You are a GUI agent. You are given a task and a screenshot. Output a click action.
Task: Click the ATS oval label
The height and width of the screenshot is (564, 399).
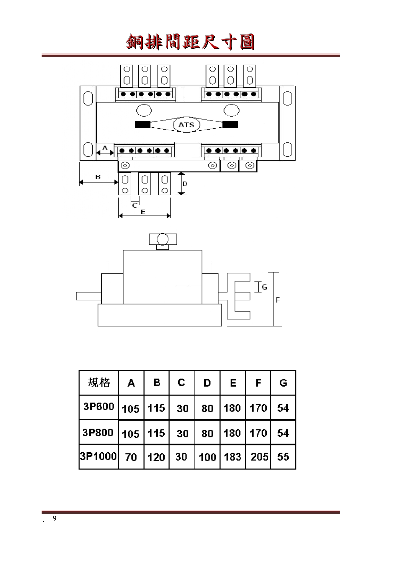point(186,125)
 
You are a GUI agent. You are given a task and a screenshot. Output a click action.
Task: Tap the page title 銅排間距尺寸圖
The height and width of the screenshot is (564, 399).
point(190,42)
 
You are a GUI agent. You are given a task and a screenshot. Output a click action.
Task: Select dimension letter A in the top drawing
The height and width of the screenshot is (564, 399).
point(105,148)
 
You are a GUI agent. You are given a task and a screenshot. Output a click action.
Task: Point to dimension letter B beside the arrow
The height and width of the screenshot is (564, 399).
point(98,177)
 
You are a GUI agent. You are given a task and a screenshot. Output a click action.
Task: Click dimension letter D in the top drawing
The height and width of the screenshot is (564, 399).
point(185,184)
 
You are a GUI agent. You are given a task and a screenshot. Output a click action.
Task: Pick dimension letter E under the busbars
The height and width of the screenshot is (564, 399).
point(143,212)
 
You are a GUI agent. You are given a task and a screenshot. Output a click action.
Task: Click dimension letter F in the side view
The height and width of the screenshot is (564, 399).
point(278,300)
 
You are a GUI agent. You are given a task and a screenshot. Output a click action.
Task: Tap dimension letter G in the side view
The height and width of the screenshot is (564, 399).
point(264,287)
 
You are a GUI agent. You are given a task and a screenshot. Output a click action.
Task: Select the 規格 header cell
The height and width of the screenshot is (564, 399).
point(99,382)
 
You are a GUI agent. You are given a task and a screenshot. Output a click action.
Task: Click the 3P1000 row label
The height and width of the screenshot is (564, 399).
point(98,456)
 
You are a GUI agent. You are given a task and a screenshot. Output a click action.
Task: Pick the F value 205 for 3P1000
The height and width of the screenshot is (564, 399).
point(259,457)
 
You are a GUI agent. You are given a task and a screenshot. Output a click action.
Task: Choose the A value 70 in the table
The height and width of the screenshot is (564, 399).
point(131,457)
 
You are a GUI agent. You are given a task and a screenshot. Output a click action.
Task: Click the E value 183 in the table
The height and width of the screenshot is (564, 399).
point(232,457)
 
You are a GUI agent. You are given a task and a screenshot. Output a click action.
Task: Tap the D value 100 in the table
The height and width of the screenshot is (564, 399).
point(207,457)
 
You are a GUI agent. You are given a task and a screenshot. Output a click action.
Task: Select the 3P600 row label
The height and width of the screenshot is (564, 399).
point(99,407)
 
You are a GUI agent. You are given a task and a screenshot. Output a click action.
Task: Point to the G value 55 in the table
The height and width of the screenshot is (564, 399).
point(283,457)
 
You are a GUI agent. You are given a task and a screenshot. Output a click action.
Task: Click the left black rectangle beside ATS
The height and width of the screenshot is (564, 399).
point(142,125)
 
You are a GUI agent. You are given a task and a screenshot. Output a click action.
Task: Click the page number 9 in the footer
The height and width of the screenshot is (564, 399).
point(54,518)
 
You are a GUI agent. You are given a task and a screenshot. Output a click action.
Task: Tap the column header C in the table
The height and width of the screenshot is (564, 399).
point(182,382)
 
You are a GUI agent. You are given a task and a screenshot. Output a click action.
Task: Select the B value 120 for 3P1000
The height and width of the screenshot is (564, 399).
point(156,457)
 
